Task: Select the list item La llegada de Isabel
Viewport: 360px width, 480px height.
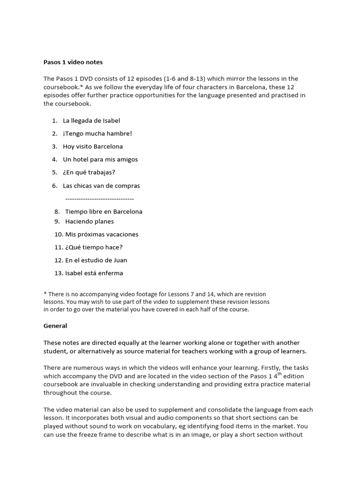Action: pos(91,120)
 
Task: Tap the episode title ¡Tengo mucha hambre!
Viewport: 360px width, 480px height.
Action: pos(97,134)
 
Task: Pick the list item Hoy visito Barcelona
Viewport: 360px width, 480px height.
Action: pos(93,147)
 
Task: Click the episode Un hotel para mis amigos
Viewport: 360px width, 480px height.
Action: pos(100,159)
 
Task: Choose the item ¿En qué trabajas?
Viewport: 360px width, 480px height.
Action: pos(89,172)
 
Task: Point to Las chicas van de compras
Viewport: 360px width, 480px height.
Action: pos(101,186)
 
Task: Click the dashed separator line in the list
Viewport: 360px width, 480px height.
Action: pos(99,199)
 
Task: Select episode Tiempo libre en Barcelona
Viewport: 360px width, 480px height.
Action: pos(104,211)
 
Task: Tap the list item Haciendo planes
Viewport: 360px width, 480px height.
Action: pos(90,221)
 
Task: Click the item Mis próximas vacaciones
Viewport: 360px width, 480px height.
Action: pos(102,234)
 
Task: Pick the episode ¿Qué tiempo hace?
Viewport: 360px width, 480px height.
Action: pos(94,247)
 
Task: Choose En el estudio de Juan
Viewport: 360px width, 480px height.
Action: pos(96,260)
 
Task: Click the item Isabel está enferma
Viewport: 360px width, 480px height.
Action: pos(94,273)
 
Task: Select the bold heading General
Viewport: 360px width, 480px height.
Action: pos(55,326)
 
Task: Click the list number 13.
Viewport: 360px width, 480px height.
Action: pos(58,273)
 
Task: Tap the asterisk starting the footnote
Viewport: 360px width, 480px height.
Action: pos(45,294)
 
